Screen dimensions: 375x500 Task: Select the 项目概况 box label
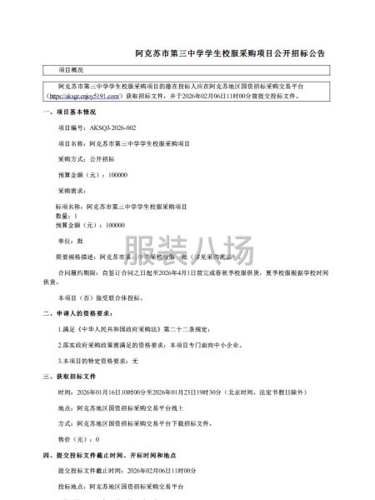(x=70, y=70)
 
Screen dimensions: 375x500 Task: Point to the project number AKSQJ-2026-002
(x=97, y=127)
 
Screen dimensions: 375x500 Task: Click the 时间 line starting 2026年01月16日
(x=184, y=392)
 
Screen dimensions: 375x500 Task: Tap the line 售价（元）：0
(x=78, y=438)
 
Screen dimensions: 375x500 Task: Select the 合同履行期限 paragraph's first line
(x=192, y=272)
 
